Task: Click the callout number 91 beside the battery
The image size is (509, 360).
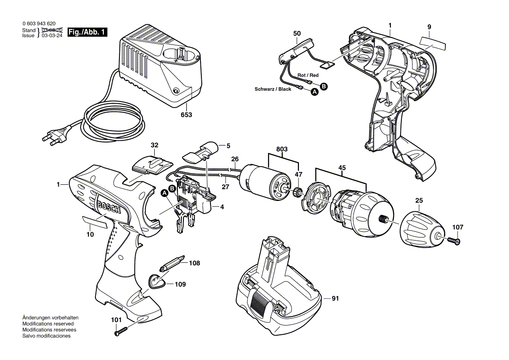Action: point(335,299)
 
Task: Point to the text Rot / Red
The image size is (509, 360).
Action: point(308,75)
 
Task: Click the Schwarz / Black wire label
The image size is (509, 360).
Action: point(273,89)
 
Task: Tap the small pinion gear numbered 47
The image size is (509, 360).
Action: point(299,192)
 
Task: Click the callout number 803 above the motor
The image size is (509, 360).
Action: point(282,149)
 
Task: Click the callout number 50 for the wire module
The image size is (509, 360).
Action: point(297,33)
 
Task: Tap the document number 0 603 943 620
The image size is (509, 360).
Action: point(39,24)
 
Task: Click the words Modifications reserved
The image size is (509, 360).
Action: point(48,324)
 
